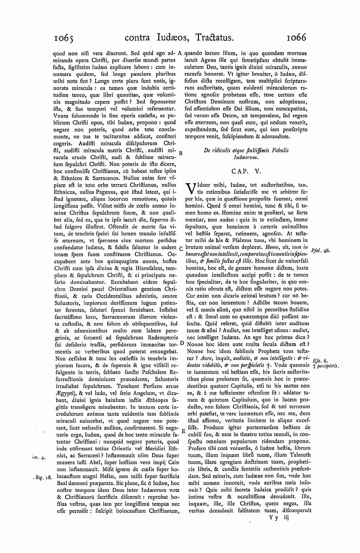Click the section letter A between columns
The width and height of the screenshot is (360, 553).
point(180,53)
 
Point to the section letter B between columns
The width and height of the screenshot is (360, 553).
point(181,153)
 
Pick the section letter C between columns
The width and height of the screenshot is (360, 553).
point(181,249)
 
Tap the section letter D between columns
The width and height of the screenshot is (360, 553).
point(182,343)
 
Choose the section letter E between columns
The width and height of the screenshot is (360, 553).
point(183,431)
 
